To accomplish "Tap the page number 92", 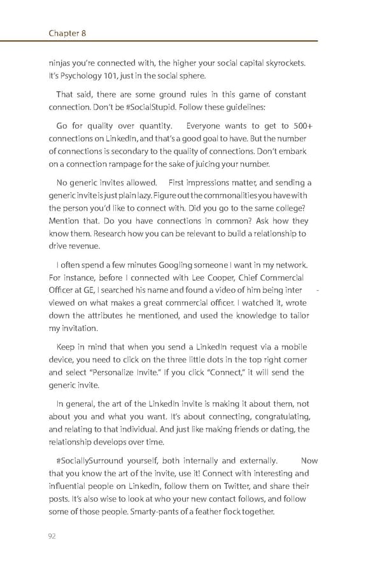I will pyautogui.click(x=52, y=536).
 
